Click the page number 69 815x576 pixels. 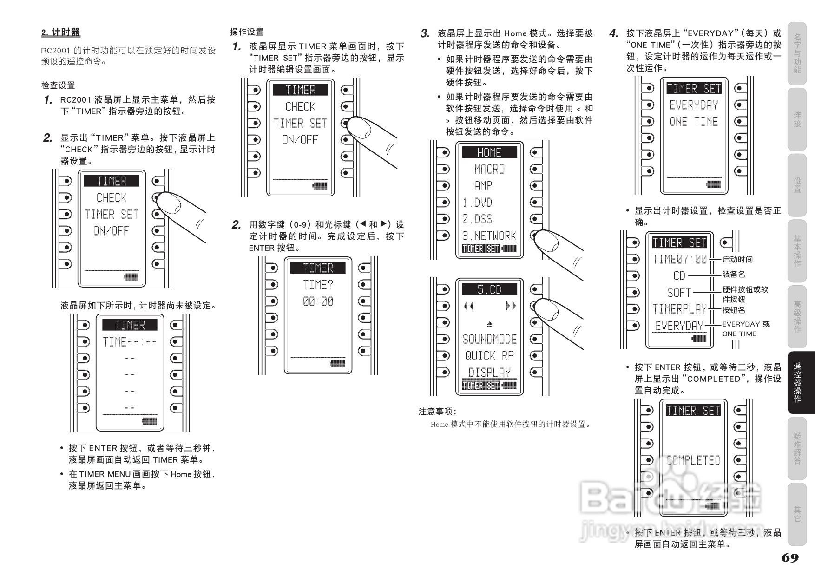point(790,558)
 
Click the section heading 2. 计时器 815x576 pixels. point(61,33)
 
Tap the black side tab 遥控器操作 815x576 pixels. point(797,382)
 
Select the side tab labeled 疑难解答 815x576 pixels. point(797,448)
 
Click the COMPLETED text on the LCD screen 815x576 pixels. point(693,460)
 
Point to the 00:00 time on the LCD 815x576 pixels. point(318,301)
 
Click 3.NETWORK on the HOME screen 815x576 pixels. point(489,236)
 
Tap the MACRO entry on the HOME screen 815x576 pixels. point(489,169)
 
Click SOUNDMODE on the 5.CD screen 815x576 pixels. point(489,339)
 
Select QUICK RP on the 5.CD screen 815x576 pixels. point(489,356)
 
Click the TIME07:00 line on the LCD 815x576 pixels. point(679,259)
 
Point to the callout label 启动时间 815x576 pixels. point(737,260)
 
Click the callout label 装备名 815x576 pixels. point(734,275)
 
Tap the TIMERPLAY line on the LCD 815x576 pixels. point(679,309)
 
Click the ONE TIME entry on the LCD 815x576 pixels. point(693,122)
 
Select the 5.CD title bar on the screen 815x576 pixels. point(489,289)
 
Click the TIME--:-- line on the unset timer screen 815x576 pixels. point(130,342)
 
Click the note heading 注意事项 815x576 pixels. point(437,412)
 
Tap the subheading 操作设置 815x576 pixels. point(247,32)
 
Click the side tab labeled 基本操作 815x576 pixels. point(797,251)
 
